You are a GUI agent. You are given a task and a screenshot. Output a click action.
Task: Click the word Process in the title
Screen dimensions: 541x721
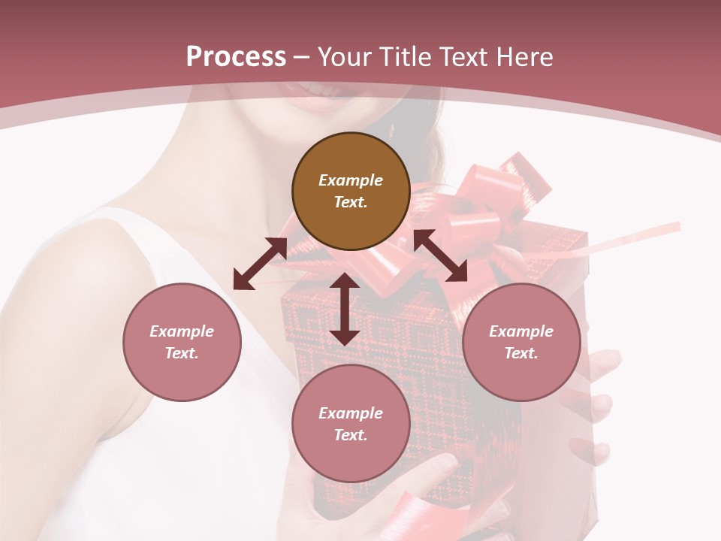[x=236, y=57]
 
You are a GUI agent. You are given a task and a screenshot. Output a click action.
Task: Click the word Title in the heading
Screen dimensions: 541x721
[x=406, y=57]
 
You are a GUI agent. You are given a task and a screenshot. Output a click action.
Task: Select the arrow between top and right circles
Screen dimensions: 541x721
[x=440, y=255]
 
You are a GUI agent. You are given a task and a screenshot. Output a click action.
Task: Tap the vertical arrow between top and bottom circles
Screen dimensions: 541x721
[x=345, y=309]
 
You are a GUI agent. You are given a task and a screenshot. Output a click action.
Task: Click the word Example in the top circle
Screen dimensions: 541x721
[x=351, y=180]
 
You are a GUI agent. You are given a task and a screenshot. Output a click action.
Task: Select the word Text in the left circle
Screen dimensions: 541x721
[x=182, y=353]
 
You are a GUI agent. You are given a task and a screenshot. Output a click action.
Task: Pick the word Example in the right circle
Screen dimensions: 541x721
[x=521, y=331]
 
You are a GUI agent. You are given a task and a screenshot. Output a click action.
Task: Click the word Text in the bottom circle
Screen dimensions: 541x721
[x=351, y=435]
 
